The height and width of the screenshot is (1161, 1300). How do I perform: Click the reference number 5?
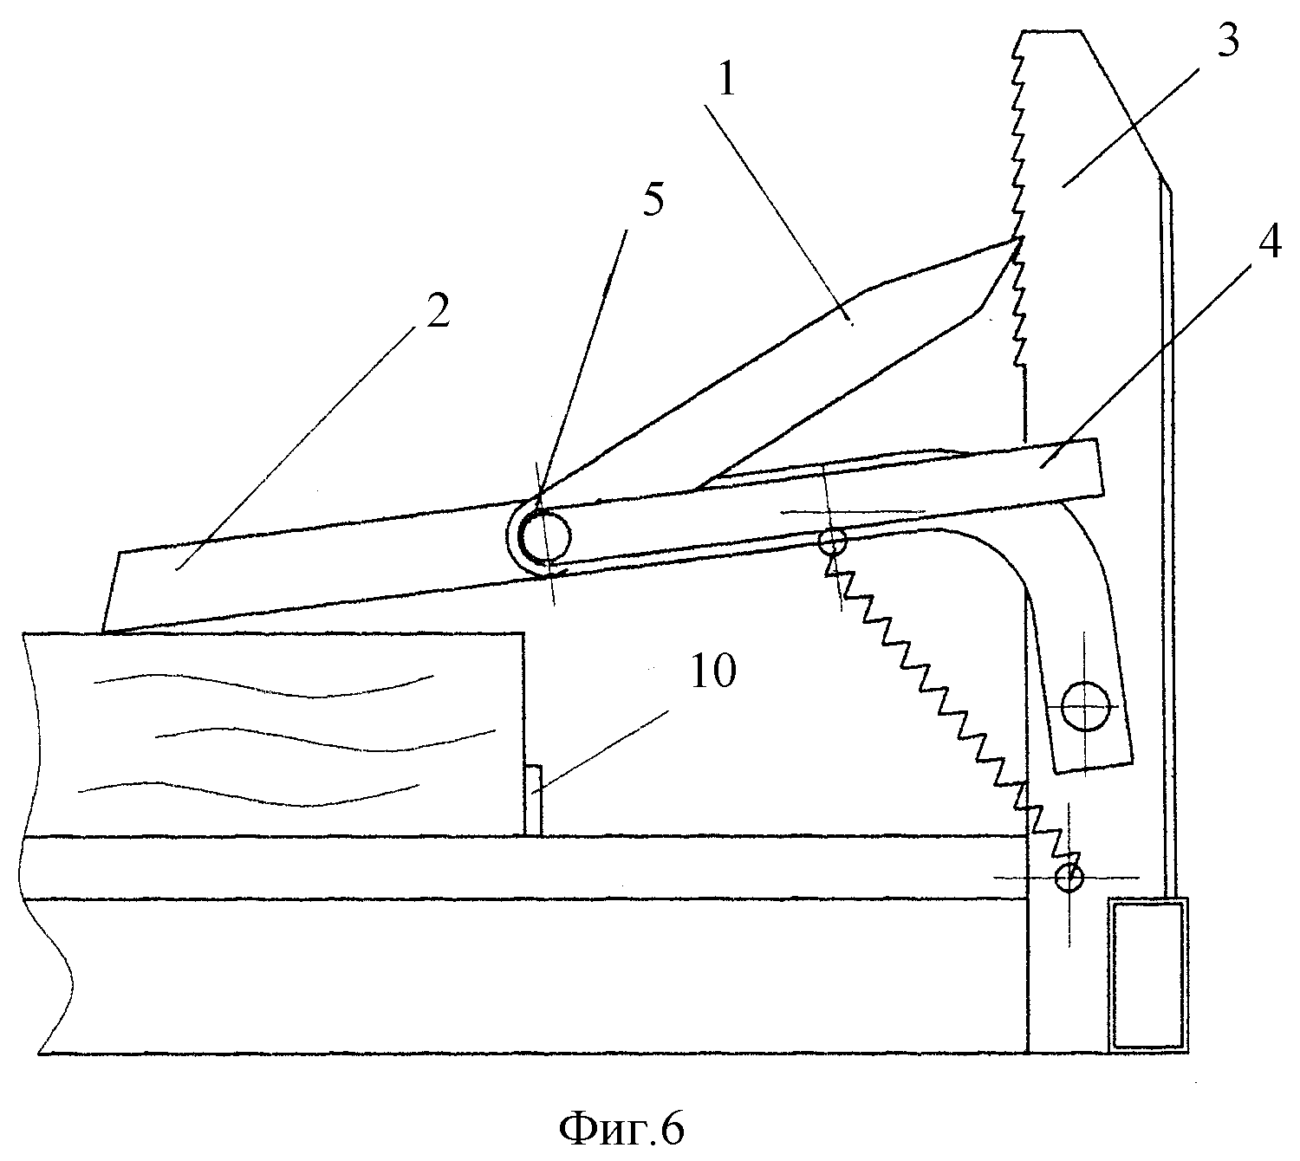(x=653, y=201)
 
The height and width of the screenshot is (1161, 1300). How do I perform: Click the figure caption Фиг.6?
(x=621, y=1128)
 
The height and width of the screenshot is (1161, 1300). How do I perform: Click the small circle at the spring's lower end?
(x=1069, y=876)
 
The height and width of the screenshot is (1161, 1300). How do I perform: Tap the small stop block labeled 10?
(x=533, y=800)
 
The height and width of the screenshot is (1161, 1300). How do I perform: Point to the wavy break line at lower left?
(x=48, y=840)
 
